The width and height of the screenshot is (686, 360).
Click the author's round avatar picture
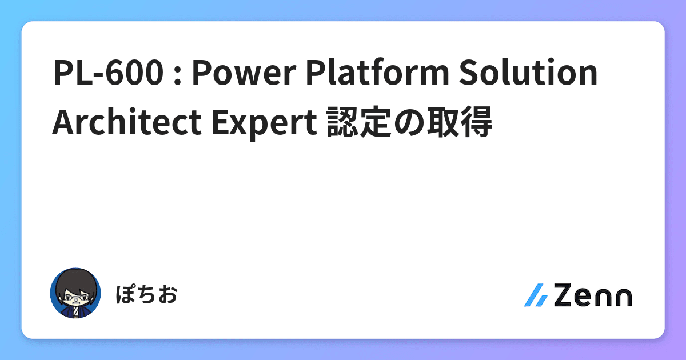tap(75, 293)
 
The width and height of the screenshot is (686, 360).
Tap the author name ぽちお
tap(146, 295)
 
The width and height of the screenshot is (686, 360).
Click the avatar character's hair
tap(75, 279)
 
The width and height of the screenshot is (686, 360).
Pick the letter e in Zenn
tap(585, 297)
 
